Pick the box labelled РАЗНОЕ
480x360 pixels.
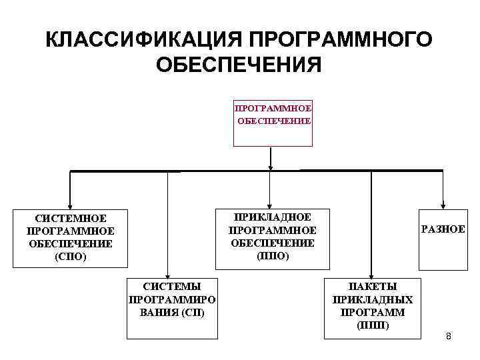point(443,229)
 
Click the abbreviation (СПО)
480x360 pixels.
point(71,256)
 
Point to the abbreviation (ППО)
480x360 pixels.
point(273,256)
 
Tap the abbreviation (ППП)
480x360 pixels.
point(373,325)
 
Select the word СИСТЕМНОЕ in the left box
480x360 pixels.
point(71,218)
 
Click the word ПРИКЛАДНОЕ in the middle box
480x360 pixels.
point(273,217)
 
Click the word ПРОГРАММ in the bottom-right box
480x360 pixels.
point(373,312)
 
